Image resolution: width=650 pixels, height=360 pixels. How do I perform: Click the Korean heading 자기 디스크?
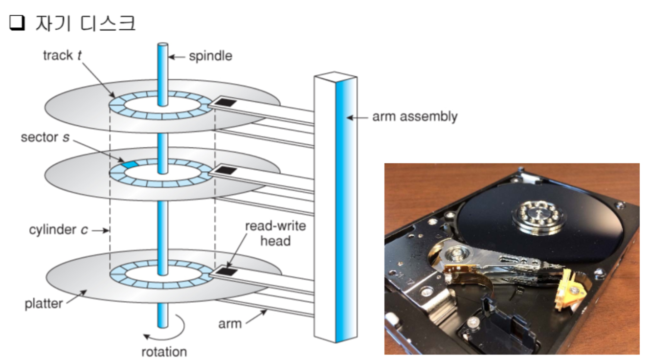click(85, 23)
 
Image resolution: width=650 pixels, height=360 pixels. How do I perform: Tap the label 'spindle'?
click(211, 56)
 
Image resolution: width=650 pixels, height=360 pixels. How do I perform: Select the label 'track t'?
click(62, 55)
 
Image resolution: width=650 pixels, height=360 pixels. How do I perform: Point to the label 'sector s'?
click(45, 137)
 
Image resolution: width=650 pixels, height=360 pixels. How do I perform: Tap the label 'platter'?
click(44, 304)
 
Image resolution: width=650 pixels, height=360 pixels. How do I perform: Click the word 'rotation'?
click(164, 351)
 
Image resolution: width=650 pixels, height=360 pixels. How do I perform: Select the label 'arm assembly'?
click(415, 117)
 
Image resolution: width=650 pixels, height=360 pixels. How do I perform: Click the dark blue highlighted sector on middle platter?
click(128, 165)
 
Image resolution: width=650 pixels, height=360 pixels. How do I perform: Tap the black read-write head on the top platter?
click(226, 102)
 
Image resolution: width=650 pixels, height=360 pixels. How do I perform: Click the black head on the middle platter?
click(225, 170)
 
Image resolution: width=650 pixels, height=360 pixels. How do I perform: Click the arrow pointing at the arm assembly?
click(358, 117)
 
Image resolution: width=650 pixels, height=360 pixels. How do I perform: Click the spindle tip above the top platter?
click(162, 47)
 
